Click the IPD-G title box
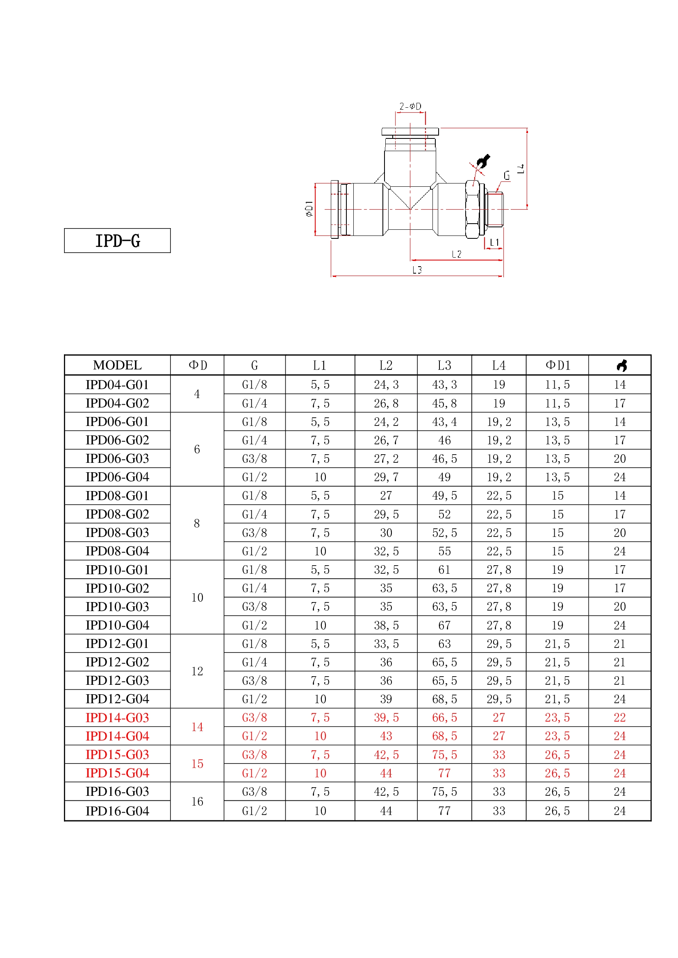pos(117,240)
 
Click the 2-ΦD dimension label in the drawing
pos(410,106)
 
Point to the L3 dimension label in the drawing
pos(416,270)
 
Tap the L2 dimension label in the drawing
pos(456,254)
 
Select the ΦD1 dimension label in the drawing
pos(309,208)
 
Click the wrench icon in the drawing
pos(483,161)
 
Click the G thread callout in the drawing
pos(506,176)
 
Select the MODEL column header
pos(117,365)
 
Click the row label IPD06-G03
pos(117,459)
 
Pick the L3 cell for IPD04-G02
pos(444,403)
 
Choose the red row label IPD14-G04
pos(117,736)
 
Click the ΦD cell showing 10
pos(197,598)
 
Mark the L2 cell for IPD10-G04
pos(386,625)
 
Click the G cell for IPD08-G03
pos(254,533)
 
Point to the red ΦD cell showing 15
pos(197,764)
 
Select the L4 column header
pos(498,365)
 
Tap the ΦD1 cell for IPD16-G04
pos(557,811)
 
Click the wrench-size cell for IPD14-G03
pos(619,718)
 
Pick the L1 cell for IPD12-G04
pos(320,699)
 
